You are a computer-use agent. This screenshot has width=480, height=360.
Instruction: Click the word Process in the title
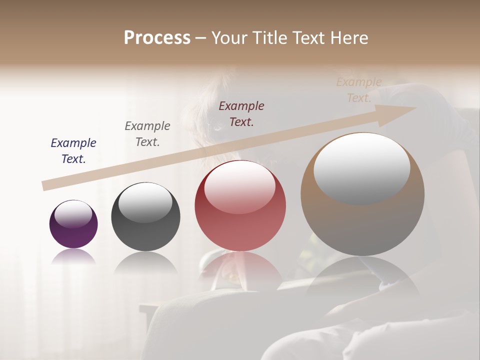point(157,38)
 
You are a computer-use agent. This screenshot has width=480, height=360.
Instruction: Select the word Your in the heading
point(230,38)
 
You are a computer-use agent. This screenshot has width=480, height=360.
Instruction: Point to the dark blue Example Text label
point(73,150)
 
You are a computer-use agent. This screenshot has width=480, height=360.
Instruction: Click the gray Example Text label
point(147,133)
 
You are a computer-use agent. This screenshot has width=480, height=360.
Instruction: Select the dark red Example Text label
point(241,113)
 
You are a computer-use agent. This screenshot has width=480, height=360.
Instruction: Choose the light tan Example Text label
point(359,90)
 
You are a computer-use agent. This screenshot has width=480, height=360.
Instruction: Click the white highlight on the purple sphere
point(73,214)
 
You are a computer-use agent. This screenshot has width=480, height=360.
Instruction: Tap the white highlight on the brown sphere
point(361,168)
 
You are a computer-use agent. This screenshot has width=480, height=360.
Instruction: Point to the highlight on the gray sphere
point(145,202)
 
